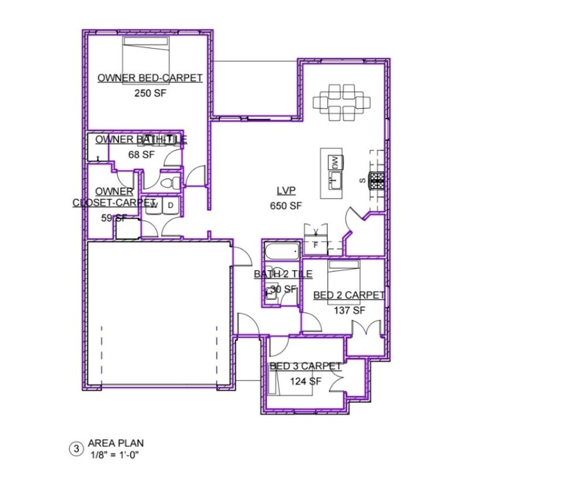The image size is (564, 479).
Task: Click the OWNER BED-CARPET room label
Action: pos(150,78)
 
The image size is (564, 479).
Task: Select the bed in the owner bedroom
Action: pos(145,56)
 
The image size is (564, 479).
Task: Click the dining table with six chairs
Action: pos(337,102)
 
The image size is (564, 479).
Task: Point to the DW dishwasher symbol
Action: pos(335,162)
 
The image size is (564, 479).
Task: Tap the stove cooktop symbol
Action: pos(376,180)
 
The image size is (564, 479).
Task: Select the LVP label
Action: pos(286,191)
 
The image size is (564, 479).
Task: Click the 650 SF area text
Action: pos(285,206)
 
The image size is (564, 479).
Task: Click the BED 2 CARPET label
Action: pos(348,295)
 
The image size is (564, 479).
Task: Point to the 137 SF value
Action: pos(349,310)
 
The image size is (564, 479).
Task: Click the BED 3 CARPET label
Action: pos(305,366)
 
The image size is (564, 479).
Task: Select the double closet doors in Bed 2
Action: pos(365,329)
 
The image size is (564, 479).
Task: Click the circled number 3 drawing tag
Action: pos(76,448)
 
